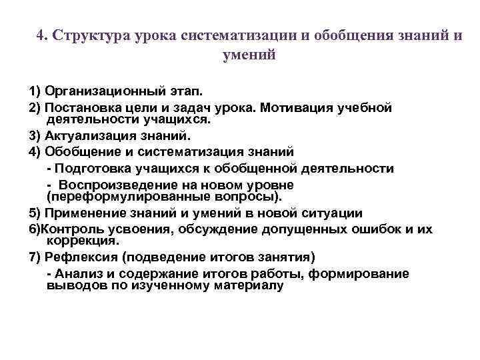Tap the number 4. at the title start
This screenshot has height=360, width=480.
[x=43, y=35]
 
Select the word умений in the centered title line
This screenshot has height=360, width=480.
[x=249, y=56]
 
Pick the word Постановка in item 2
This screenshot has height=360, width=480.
[x=82, y=107]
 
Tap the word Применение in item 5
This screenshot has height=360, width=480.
[x=83, y=213]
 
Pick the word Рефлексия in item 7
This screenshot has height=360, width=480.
[x=79, y=257]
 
